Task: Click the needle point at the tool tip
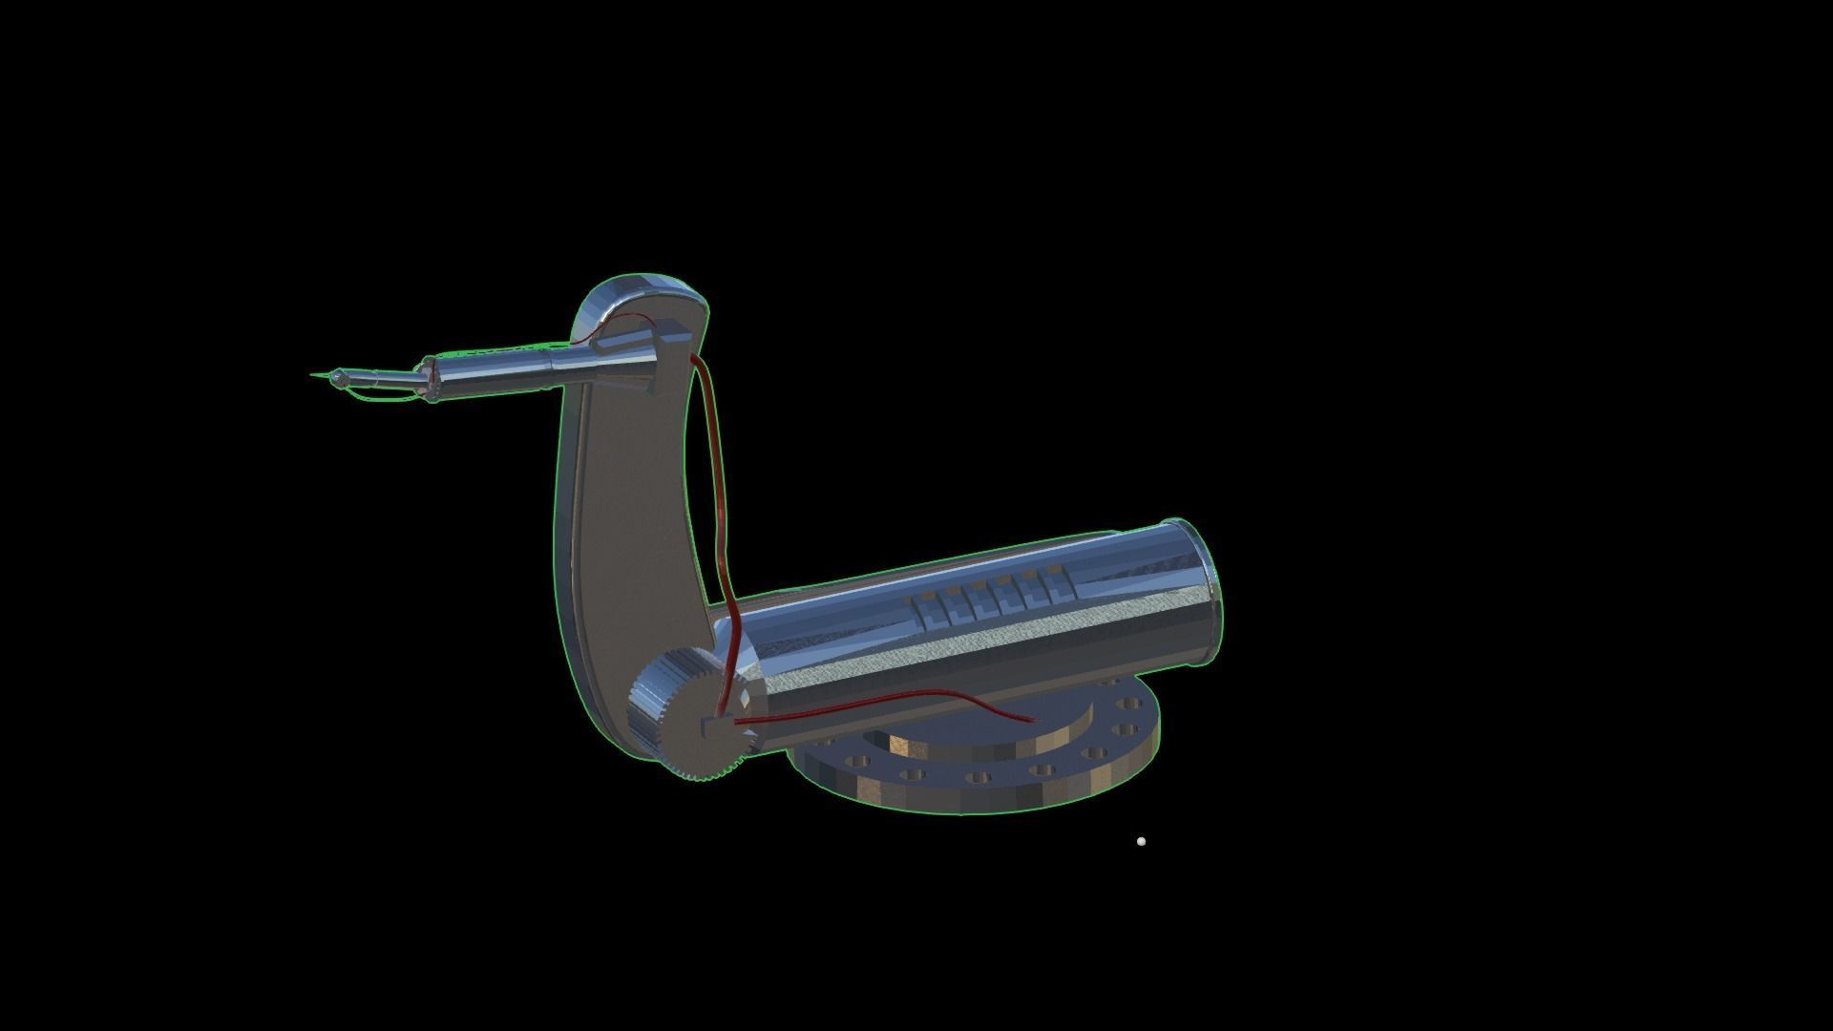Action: pos(313,374)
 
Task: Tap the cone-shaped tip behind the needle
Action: pos(336,379)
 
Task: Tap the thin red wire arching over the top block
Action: pos(630,319)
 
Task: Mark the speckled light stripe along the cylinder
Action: pos(955,659)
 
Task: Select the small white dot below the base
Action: pos(1141,841)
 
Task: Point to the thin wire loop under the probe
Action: pos(382,396)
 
